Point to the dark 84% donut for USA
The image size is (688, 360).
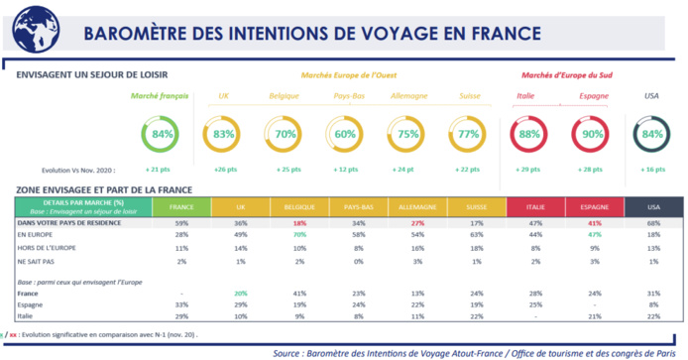651,134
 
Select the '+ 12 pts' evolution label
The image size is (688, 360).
347,171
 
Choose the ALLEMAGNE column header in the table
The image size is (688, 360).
407,208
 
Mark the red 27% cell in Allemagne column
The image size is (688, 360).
407,223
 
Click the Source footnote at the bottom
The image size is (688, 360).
477,352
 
